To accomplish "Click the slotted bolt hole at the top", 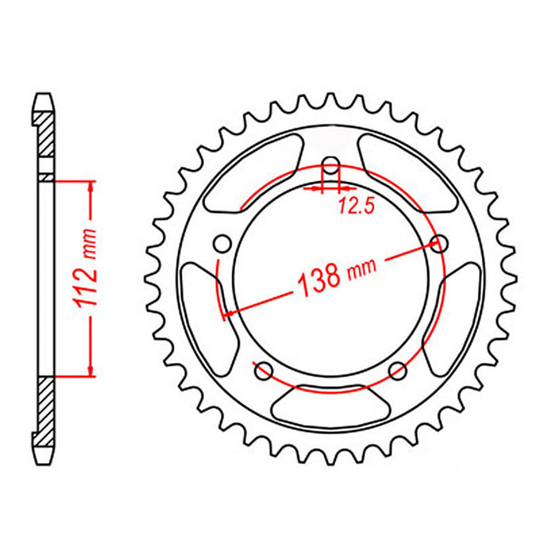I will pos(331,172).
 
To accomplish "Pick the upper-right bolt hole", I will pos(435,244).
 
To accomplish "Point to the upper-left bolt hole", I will pos(223,243).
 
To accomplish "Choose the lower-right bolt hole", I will pos(399,369).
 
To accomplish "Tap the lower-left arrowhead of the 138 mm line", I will pos(228,314).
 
